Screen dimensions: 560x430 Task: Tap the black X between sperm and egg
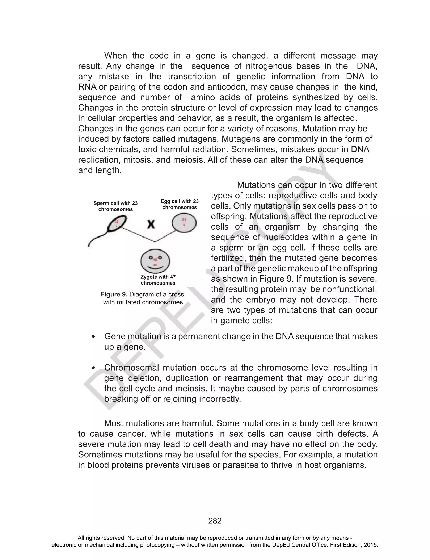pos(151,225)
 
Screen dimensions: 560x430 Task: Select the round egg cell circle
pos(184,223)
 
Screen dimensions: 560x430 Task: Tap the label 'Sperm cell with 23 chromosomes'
pos(115,206)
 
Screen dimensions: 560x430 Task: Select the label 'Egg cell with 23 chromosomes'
pos(180,204)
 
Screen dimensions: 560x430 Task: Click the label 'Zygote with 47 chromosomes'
pos(158,280)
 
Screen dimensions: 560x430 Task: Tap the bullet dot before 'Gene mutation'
pos(93,337)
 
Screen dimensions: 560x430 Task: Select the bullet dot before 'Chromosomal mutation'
pos(93,368)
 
